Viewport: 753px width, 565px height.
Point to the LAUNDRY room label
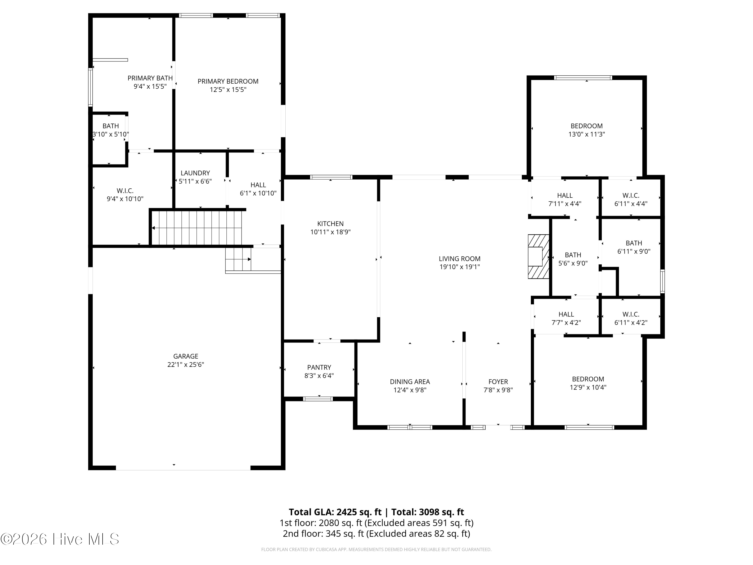(195, 173)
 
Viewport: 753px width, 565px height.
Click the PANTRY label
(319, 367)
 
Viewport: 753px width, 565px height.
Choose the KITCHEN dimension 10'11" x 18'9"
(330, 232)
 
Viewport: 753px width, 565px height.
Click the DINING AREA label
(410, 382)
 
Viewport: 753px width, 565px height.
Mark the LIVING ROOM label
(460, 259)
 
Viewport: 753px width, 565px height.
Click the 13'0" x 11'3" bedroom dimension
(587, 134)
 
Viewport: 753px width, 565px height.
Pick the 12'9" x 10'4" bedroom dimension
(588, 387)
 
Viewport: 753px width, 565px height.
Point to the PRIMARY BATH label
(150, 78)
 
